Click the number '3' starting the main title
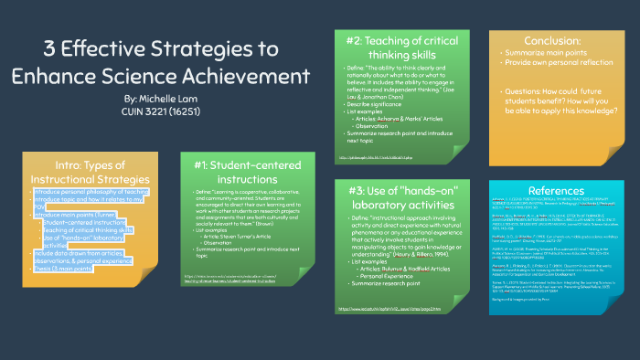tap(51, 48)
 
